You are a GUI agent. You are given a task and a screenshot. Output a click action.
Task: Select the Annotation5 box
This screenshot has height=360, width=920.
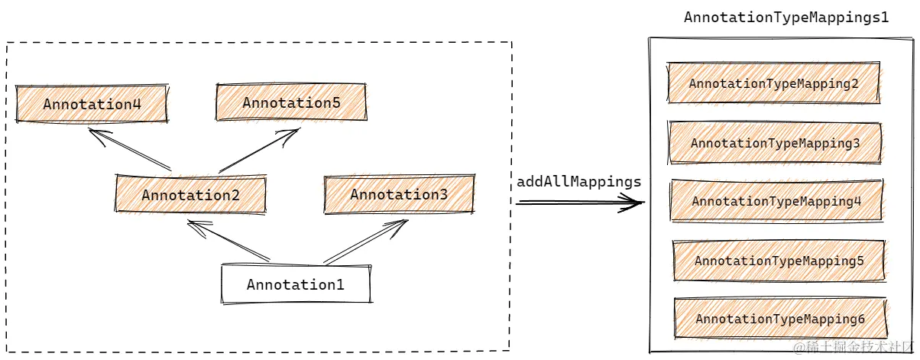point(291,102)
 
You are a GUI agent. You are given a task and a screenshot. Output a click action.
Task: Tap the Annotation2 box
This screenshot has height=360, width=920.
point(190,195)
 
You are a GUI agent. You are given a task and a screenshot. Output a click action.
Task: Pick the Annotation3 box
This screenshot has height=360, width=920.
point(399,195)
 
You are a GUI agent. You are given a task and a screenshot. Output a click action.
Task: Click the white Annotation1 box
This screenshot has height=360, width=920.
point(296,285)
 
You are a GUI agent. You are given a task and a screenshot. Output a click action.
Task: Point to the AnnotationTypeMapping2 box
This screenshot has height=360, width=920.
point(774,83)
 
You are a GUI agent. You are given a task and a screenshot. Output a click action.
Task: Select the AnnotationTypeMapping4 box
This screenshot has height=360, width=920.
point(776,202)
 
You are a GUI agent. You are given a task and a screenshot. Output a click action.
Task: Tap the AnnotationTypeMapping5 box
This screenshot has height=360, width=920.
point(779,261)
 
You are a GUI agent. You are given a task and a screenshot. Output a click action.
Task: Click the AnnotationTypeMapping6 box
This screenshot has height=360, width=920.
point(780,319)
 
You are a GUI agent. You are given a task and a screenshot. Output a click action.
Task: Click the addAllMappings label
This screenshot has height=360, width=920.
point(578,182)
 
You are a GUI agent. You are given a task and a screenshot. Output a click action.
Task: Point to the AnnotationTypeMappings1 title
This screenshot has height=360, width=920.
point(786,17)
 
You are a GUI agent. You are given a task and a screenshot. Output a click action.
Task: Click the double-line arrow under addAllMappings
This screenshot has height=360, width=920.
point(579,203)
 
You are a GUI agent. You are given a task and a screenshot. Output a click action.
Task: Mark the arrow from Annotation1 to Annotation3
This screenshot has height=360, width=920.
point(365,242)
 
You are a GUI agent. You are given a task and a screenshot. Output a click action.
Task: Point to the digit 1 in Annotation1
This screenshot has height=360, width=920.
point(339,285)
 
